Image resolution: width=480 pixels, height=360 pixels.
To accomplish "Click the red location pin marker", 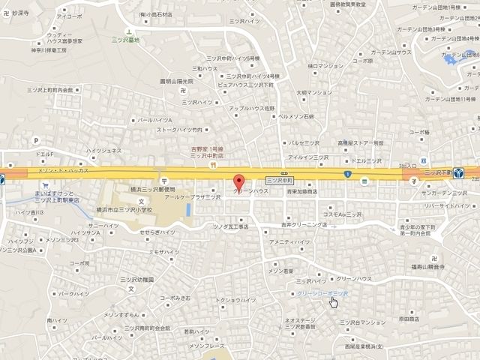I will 239,183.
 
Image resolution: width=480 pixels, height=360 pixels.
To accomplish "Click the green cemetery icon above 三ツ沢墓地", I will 129,32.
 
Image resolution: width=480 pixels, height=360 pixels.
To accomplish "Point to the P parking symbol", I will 34,139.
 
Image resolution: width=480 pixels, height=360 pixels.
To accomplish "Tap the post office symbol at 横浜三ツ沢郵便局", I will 163,181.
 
